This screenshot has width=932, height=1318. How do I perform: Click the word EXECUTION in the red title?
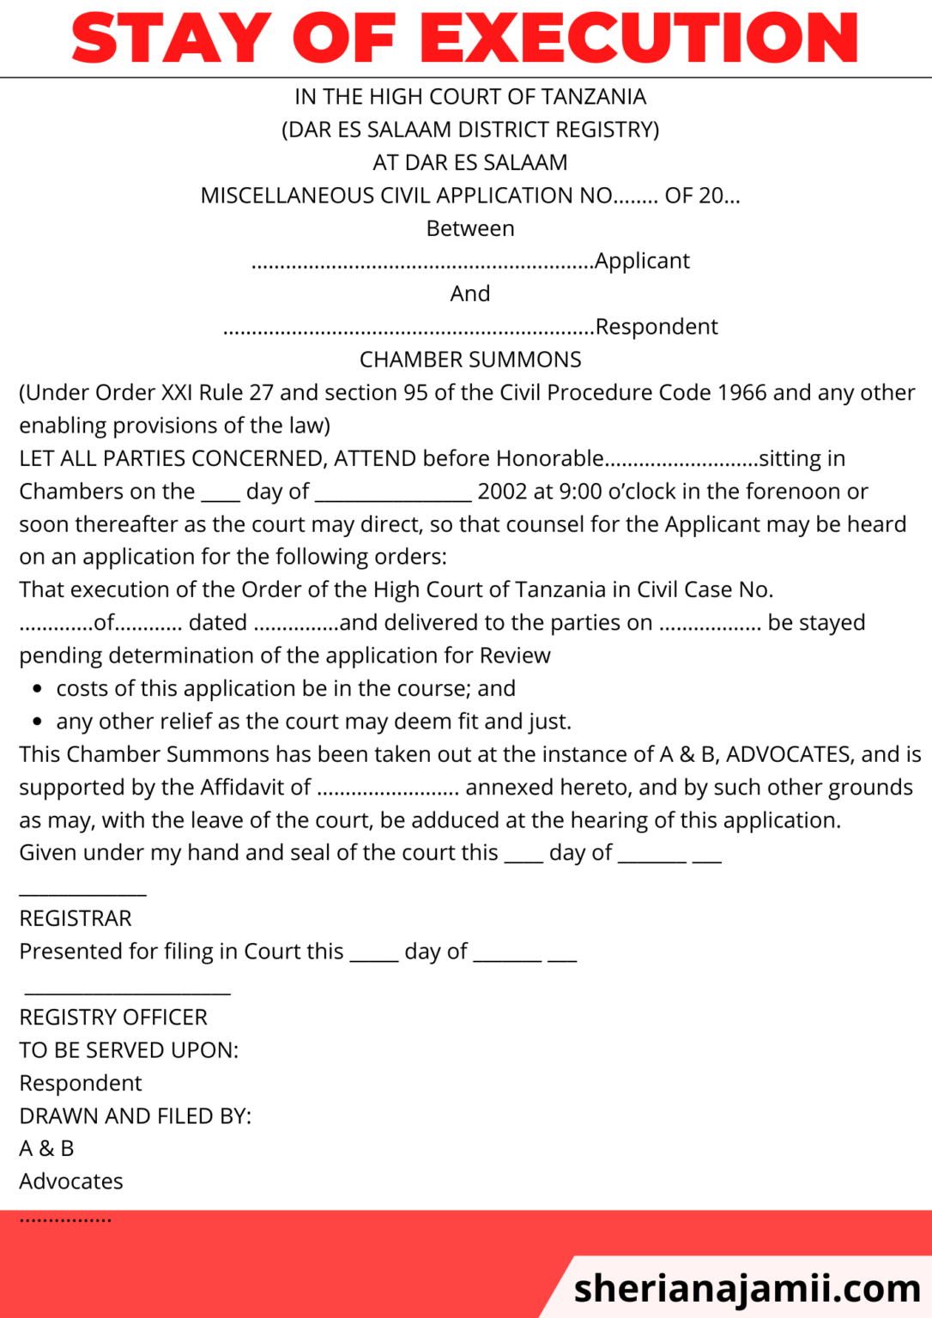click(639, 39)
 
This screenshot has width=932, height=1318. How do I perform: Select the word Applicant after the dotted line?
click(642, 261)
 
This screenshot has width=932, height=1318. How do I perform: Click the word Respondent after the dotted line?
click(657, 327)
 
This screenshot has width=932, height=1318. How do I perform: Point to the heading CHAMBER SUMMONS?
click(470, 360)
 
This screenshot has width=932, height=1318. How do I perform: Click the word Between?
click(470, 229)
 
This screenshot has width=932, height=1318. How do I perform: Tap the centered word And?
click(470, 294)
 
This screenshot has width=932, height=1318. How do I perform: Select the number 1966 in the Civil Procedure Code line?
click(741, 393)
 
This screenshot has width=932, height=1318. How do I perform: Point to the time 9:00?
click(580, 492)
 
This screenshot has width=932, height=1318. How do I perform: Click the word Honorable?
click(550, 459)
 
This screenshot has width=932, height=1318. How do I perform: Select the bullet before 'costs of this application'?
click(37, 689)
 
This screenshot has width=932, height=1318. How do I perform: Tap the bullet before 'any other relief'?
click(37, 722)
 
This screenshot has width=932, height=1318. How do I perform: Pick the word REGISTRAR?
click(76, 919)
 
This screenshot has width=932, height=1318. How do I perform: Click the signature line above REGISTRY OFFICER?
click(127, 994)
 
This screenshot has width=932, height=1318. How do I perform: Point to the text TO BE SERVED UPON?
click(129, 1050)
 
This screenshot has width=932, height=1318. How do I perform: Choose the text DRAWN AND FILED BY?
click(136, 1116)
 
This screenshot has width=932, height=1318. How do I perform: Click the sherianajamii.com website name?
click(747, 1288)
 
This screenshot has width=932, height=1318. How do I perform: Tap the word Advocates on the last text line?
click(71, 1182)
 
